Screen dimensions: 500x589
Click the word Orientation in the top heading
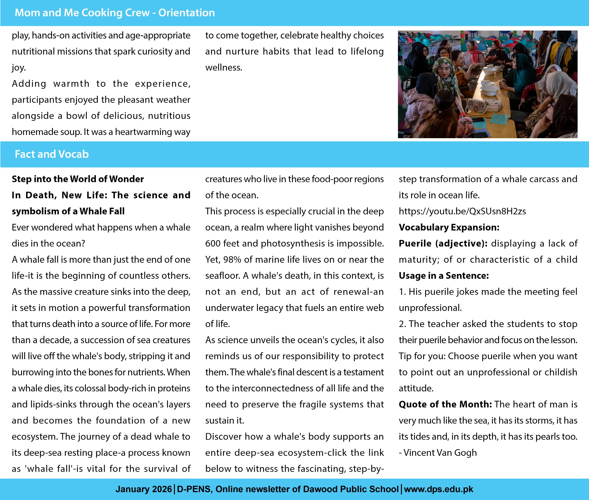[186, 13]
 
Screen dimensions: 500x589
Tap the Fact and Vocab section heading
[51, 154]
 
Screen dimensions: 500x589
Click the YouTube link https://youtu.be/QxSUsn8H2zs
[462, 211]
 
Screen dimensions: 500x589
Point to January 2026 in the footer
[144, 489]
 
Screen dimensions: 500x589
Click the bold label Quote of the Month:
[445, 404]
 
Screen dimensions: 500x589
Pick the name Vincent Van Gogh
[440, 453]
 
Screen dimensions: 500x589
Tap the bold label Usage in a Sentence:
[444, 275]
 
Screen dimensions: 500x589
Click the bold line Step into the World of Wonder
[78, 179]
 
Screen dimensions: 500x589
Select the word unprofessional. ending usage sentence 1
[430, 308]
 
